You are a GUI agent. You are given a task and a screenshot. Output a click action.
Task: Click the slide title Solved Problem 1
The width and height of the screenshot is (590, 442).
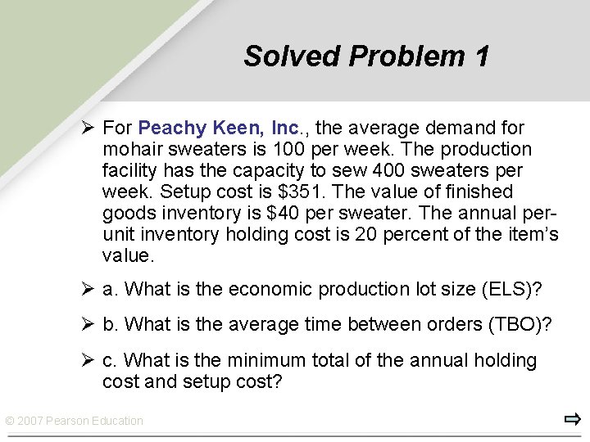366,56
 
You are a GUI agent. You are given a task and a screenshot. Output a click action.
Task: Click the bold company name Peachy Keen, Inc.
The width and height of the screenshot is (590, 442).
219,128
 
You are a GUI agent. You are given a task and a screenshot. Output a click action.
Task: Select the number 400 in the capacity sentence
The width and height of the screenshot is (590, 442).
388,170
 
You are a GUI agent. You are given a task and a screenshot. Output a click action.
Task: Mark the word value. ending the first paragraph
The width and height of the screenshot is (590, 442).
128,255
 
